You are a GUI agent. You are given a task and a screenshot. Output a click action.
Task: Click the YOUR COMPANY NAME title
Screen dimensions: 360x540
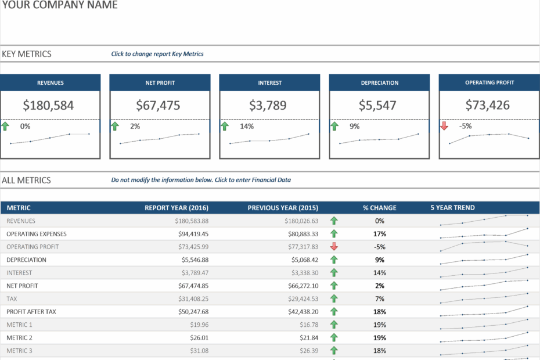coord(59,5)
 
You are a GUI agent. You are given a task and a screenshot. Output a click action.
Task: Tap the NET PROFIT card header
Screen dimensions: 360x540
coord(160,82)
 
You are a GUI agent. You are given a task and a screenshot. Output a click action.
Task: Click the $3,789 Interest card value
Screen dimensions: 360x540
coord(269,105)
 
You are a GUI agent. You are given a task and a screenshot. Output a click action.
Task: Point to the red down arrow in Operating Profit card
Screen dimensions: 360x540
coord(445,126)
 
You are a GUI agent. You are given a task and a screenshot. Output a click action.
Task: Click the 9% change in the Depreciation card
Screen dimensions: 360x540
coord(354,126)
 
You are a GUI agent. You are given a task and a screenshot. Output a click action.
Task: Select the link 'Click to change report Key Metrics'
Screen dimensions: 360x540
coord(157,54)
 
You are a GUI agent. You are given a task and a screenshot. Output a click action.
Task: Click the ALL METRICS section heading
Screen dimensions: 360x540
coord(26,180)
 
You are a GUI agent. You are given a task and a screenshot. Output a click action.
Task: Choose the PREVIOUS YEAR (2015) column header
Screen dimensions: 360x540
coord(283,208)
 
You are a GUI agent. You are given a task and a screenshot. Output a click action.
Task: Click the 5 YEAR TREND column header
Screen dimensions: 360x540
coord(452,208)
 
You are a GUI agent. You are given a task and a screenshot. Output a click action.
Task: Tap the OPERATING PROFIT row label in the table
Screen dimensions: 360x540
coord(33,247)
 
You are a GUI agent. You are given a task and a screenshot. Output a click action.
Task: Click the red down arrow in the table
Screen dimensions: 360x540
coord(334,247)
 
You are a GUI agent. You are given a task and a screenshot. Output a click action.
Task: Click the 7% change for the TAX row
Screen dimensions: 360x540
coord(380,298)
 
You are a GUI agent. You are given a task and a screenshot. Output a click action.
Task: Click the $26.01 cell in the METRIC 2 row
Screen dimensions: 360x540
coord(199,337)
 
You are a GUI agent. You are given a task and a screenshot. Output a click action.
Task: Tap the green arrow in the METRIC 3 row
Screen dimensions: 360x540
coord(334,351)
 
